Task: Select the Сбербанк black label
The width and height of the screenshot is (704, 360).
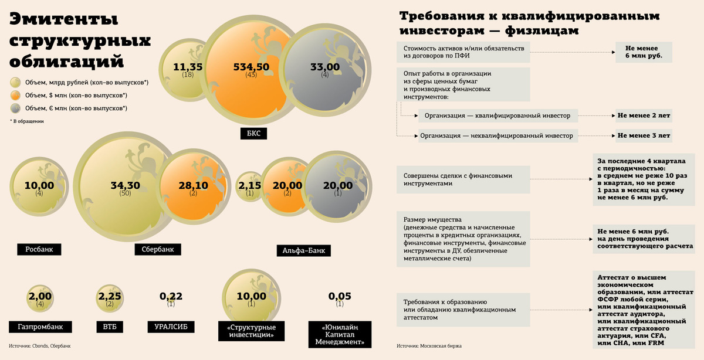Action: [158, 249]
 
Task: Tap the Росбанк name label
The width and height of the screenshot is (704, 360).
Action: [39, 249]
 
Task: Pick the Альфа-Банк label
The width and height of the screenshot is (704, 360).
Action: [303, 251]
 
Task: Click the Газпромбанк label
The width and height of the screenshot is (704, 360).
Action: [40, 327]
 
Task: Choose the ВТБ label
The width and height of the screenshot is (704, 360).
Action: [109, 327]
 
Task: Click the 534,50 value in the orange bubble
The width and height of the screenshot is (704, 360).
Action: [251, 67]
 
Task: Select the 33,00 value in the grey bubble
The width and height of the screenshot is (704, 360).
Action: [324, 67]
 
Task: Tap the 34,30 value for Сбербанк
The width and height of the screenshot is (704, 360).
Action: [125, 185]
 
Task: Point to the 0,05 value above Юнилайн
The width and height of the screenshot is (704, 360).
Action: [339, 296]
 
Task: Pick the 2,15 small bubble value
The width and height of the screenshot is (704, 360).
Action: [250, 185]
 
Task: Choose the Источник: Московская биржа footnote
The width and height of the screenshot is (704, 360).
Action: [429, 346]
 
